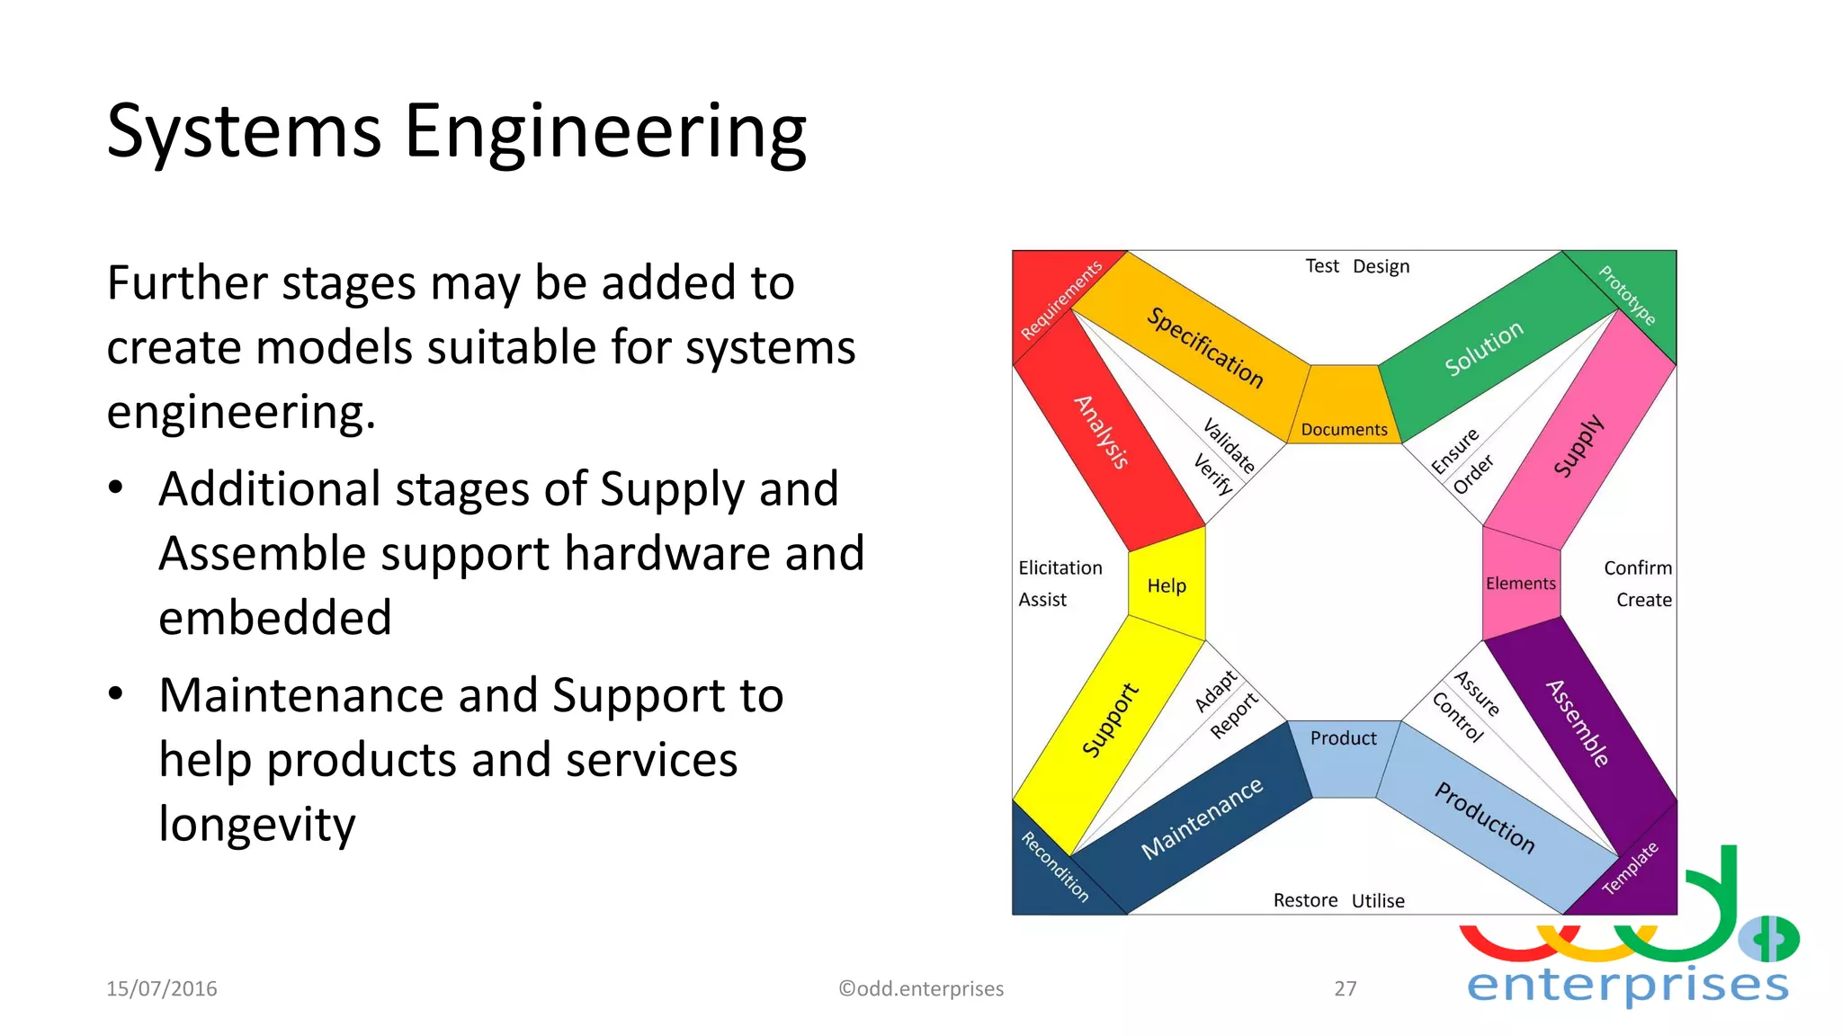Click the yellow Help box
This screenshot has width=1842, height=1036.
1167,585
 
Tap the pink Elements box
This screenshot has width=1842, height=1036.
1520,584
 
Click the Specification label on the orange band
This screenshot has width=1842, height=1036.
1205,347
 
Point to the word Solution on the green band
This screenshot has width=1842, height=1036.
1484,348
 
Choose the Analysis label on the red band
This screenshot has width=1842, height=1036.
1102,432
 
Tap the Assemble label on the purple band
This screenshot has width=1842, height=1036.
1578,723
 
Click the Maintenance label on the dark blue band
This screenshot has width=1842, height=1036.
1202,818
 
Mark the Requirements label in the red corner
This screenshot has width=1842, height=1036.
1061,300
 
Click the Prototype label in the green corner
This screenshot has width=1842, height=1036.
1627,295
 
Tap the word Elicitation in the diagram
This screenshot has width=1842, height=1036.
1060,567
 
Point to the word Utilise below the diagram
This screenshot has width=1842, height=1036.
1378,900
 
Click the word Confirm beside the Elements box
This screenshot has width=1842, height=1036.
1637,567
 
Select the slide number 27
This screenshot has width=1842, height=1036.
1345,988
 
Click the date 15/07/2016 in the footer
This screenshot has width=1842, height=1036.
162,988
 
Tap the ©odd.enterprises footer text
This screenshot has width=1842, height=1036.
921,988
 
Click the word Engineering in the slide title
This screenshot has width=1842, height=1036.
604,131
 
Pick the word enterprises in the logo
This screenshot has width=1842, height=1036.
1627,985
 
